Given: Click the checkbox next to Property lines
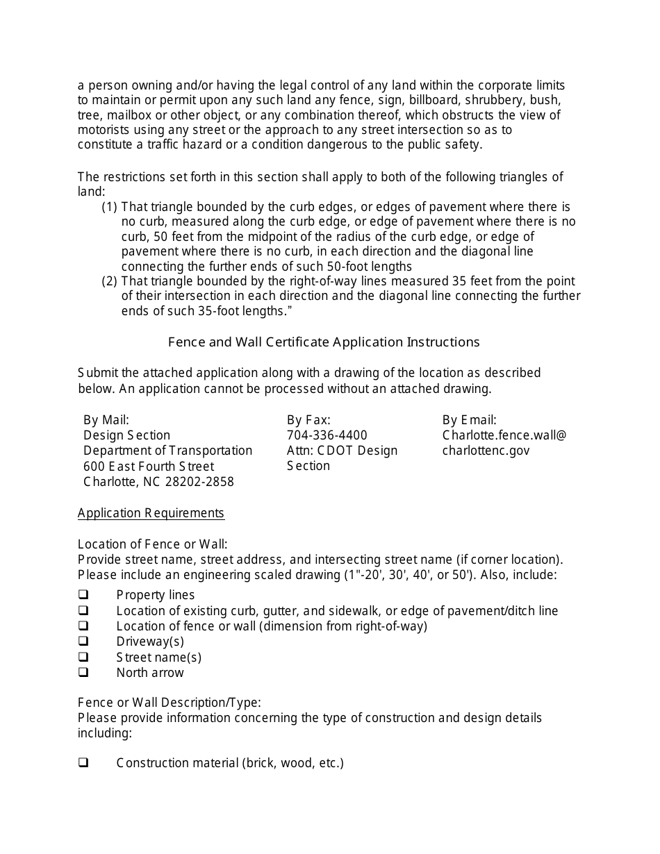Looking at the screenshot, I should [83, 595].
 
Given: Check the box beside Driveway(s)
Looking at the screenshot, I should [83, 641].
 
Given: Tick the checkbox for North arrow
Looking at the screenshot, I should [83, 672].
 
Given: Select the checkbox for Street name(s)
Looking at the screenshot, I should [83, 657].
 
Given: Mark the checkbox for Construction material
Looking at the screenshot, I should [83, 762].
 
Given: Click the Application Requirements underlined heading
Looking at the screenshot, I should [151, 513].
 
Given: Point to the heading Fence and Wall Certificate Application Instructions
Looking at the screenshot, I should [324, 342].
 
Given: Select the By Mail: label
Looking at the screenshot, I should [106, 420].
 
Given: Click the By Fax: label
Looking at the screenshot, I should [308, 420].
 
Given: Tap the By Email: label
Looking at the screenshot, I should [469, 420].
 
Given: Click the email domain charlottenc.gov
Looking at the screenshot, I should [486, 451].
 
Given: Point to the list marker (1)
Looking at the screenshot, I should [110, 207].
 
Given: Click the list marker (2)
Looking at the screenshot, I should [110, 281].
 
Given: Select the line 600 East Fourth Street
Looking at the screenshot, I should [149, 467].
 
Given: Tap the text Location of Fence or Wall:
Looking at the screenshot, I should [152, 544].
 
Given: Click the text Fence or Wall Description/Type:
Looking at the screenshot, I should [169, 702].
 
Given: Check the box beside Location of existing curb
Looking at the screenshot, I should [83, 610].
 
